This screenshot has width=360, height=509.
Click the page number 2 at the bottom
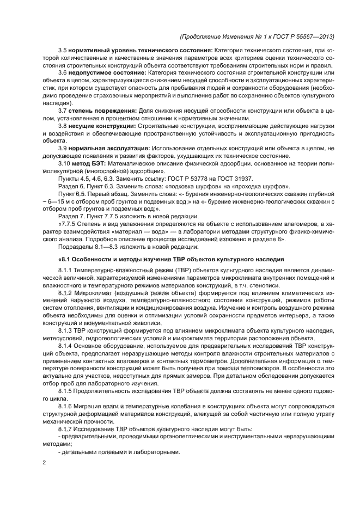pyautogui.click(x=44, y=463)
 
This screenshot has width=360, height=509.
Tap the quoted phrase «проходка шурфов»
pyautogui.click(x=245, y=186)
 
